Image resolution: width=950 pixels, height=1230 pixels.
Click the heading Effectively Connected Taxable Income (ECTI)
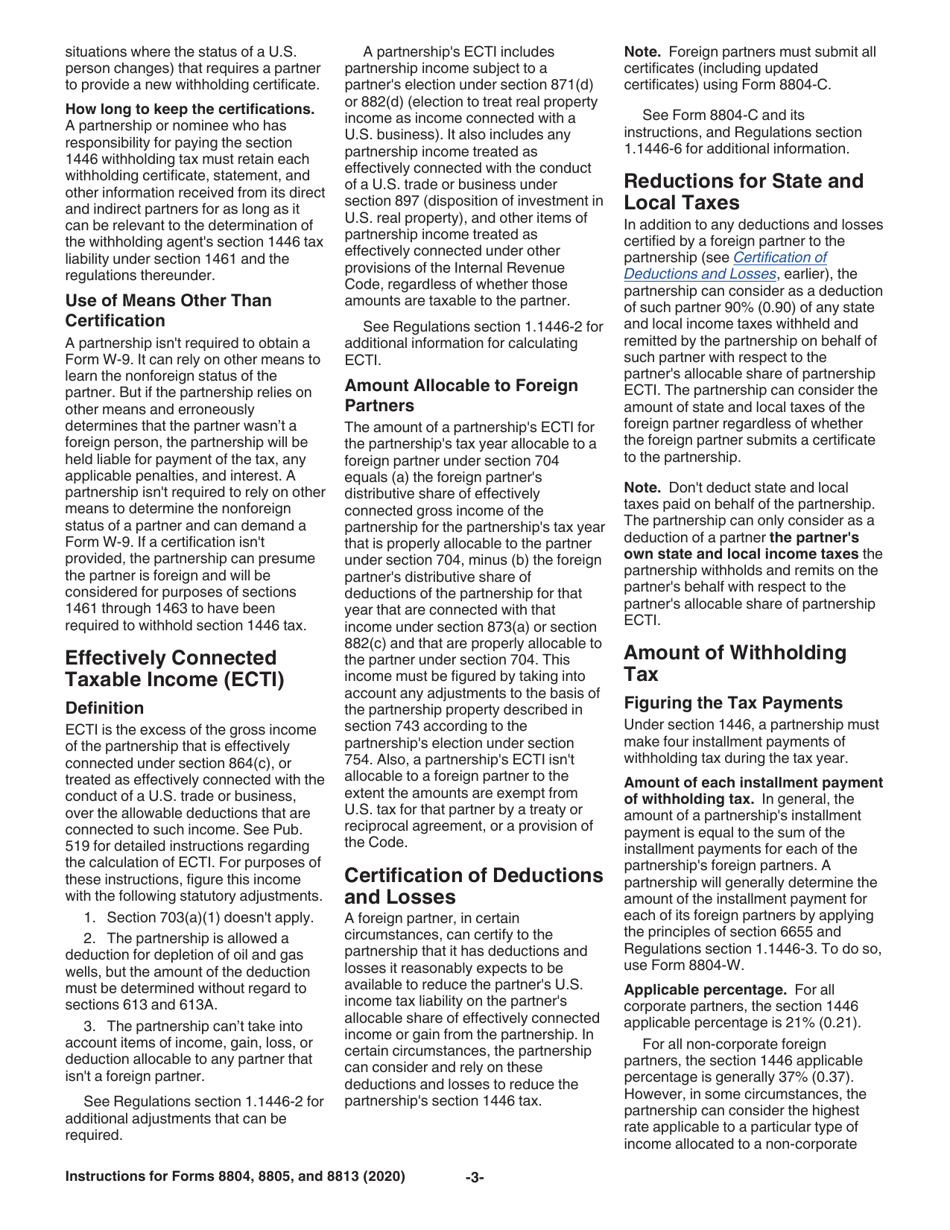pyautogui.click(x=170, y=669)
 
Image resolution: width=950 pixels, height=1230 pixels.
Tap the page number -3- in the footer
pyautogui.click(x=475, y=1177)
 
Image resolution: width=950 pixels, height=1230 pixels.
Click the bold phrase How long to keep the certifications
pyautogui.click(x=190, y=108)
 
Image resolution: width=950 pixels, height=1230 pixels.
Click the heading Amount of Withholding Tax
pyautogui.click(x=735, y=664)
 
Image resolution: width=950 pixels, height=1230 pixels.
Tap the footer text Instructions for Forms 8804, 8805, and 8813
pyautogui.click(x=235, y=1177)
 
